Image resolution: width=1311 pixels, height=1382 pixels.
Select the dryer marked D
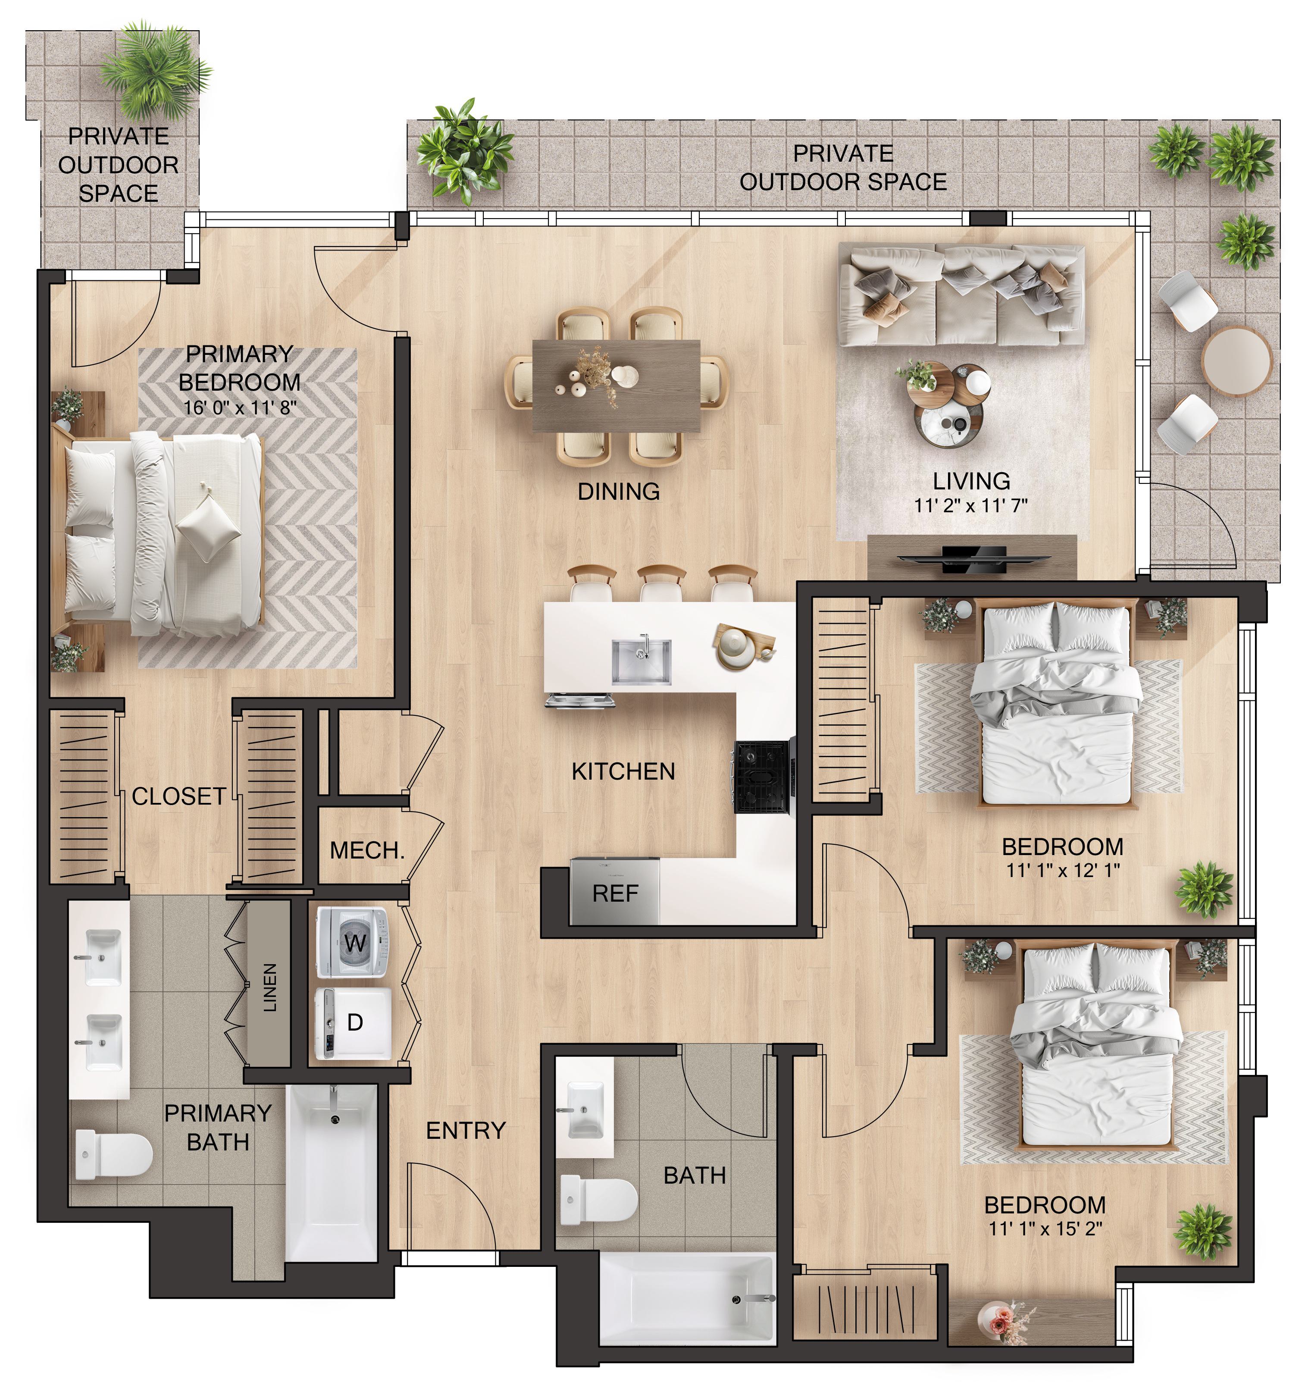pos(353,1023)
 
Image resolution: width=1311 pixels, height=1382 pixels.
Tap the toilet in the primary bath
pos(113,1156)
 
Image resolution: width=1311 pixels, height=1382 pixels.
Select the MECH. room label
pos(367,851)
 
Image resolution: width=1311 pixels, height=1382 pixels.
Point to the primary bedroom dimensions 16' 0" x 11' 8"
pos(241,407)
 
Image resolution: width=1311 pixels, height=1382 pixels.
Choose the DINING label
pos(619,492)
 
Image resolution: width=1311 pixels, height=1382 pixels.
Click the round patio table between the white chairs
pos(1236,361)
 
